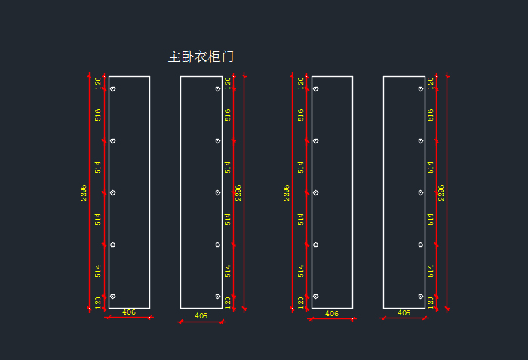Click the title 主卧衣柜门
(x=201, y=57)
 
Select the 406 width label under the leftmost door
(x=129, y=312)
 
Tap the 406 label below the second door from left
(x=201, y=315)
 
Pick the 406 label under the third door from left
(x=332, y=313)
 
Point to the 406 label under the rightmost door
(x=404, y=312)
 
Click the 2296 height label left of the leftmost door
(x=84, y=192)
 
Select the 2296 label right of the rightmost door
(x=441, y=192)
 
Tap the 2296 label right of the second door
(x=238, y=192)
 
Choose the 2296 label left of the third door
(x=286, y=192)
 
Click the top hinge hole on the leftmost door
(x=113, y=89)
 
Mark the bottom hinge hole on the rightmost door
(x=421, y=297)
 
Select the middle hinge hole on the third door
(x=315, y=192)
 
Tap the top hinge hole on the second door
(x=218, y=89)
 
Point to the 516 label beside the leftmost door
(x=97, y=115)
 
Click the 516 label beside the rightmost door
(x=431, y=115)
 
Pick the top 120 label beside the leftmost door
(x=97, y=83)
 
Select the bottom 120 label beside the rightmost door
(x=431, y=303)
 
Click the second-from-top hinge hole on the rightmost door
(x=421, y=141)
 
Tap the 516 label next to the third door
(x=301, y=115)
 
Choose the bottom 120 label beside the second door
(x=228, y=303)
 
